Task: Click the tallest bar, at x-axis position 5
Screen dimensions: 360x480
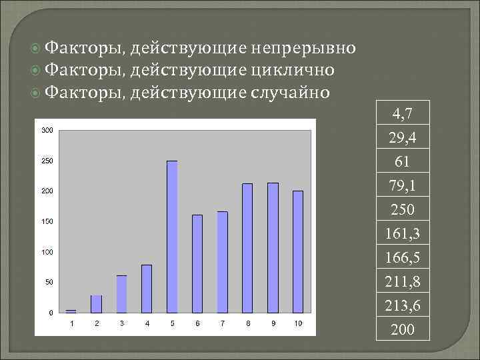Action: coord(172,237)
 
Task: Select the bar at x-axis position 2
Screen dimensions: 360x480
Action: coord(97,303)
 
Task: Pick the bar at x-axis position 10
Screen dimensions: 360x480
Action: coord(298,251)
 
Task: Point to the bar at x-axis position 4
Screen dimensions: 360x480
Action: coord(147,289)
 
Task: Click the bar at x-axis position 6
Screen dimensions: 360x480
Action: coord(197,263)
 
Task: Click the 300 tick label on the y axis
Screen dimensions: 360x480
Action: coord(47,130)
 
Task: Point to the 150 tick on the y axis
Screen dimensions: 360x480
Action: coord(47,221)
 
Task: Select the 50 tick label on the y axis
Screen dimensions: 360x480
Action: coord(49,283)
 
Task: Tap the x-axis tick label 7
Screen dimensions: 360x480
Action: coord(223,323)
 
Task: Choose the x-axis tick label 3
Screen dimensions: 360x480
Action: coord(122,323)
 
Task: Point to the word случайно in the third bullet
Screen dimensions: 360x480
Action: coord(289,91)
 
